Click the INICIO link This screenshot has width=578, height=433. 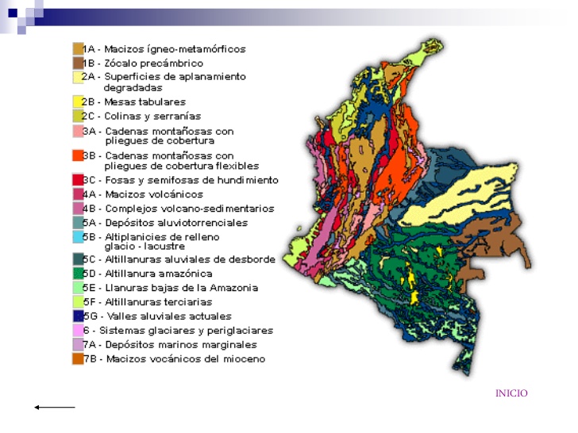click(x=511, y=393)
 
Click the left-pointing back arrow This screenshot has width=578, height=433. click(x=54, y=408)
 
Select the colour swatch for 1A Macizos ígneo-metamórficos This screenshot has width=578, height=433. click(x=78, y=49)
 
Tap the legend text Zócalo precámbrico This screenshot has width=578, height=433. click(x=153, y=63)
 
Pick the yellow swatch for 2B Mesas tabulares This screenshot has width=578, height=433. click(x=78, y=102)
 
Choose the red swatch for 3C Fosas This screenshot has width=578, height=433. click(x=78, y=181)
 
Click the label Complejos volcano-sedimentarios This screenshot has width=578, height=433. click(x=189, y=209)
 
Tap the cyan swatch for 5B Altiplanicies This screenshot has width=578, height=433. click(x=78, y=237)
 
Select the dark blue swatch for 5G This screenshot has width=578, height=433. click(x=78, y=316)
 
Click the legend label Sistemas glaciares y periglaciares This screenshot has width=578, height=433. click(x=180, y=331)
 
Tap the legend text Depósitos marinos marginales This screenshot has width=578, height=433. click(x=180, y=345)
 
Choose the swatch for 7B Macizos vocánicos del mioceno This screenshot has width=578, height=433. click(x=78, y=359)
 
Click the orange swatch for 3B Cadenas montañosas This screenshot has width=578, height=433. click(x=78, y=156)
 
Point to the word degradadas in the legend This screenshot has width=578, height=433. click(x=133, y=88)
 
